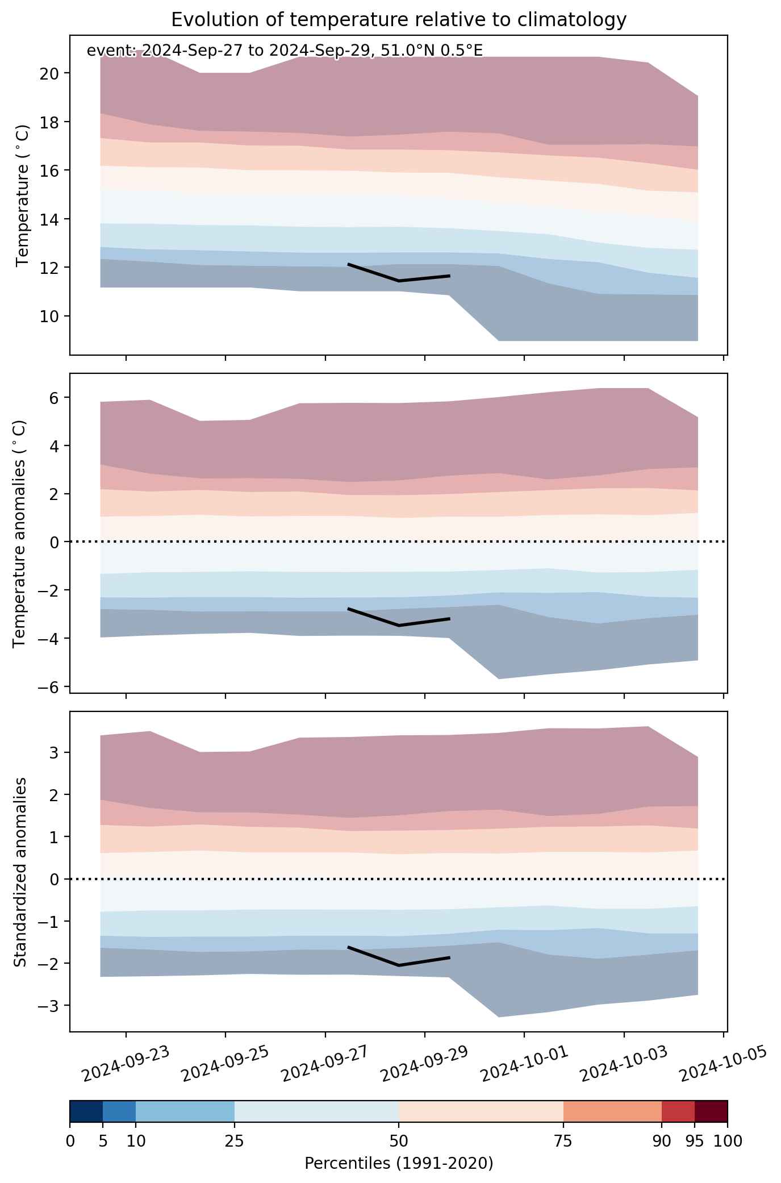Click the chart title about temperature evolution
399,20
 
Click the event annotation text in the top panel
285,51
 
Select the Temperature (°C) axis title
23,195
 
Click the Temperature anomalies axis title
20,534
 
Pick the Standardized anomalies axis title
20,872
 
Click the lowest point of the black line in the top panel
399,281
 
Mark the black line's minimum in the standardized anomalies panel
399,965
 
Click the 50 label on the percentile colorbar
399,1142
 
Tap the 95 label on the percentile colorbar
695,1142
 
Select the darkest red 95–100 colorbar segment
711,1112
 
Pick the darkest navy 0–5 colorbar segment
86,1112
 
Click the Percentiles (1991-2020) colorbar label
399,1163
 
